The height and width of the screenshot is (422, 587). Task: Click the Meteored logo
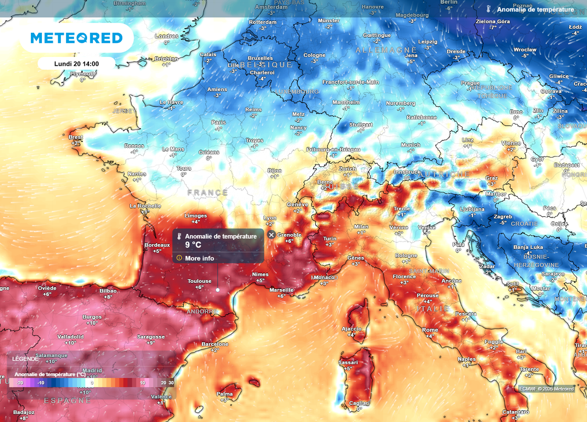76,38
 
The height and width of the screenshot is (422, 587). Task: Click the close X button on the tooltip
272,235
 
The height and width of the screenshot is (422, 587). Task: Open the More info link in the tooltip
199,258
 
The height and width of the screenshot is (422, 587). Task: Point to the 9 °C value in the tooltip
193,244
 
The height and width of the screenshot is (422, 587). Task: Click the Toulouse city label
199,281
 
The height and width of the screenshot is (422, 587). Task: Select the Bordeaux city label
157,245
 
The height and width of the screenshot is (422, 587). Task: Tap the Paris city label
218,122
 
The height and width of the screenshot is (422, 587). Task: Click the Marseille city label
281,290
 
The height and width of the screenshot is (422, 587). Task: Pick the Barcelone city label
215,344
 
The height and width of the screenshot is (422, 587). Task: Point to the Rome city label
430,330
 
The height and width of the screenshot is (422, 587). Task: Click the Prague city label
470,83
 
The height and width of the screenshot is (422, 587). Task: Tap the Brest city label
76,137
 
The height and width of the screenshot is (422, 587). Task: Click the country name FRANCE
208,193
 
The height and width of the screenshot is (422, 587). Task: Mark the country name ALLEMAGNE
386,50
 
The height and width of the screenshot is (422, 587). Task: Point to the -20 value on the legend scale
19,382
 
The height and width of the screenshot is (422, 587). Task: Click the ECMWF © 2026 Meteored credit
546,389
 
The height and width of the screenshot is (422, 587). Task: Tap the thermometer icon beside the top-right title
489,10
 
